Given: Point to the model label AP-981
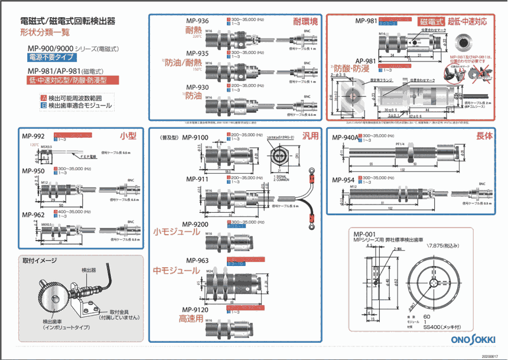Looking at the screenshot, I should tap(366, 61).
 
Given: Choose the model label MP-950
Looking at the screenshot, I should tap(34, 170).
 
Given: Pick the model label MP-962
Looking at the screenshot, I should tap(34, 215).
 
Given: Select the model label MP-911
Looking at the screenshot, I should tap(197, 179).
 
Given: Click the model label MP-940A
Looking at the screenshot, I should tap(346, 138).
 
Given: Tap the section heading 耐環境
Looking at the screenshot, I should tap(305, 22).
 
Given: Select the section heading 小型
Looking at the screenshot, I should tap(128, 136).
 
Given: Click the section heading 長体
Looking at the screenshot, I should tap(484, 136).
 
